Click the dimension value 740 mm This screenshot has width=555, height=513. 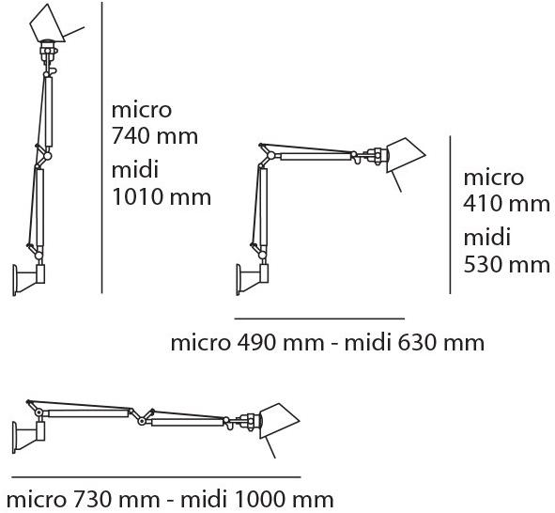click(155, 136)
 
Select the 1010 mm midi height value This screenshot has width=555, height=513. click(161, 197)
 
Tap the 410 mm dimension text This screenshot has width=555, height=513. click(507, 203)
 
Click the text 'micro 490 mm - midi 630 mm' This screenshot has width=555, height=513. click(328, 342)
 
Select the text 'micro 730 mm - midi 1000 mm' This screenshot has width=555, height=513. click(167, 498)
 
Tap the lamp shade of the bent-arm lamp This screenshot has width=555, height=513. click(399, 155)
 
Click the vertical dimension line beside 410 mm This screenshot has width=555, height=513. click(450, 213)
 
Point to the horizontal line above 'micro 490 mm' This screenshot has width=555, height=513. click(318, 319)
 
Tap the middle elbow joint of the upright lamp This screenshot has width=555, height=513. click(42, 152)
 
